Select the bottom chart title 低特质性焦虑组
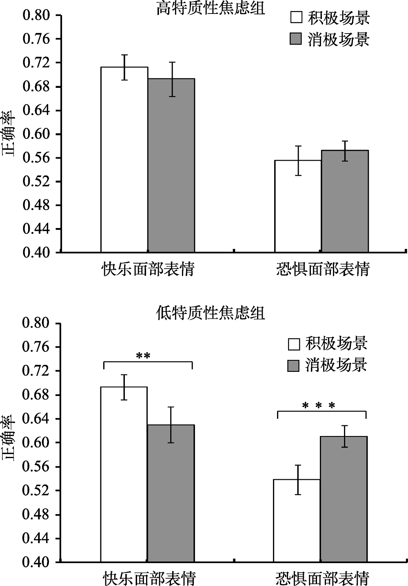point(211,313)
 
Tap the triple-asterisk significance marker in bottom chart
point(319,406)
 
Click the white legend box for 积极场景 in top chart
point(296,18)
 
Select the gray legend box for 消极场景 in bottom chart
point(294,365)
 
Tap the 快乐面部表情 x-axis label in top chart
point(148,269)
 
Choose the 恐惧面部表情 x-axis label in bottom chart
point(322,577)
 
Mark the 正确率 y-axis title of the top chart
point(9,134)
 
